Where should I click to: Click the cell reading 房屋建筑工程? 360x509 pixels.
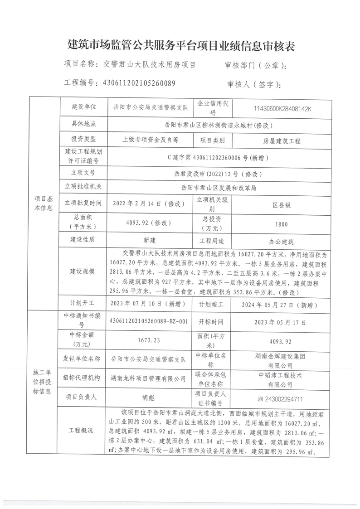point(281,141)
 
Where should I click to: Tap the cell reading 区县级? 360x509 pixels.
point(281,205)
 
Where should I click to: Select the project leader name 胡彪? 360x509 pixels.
point(148,397)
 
